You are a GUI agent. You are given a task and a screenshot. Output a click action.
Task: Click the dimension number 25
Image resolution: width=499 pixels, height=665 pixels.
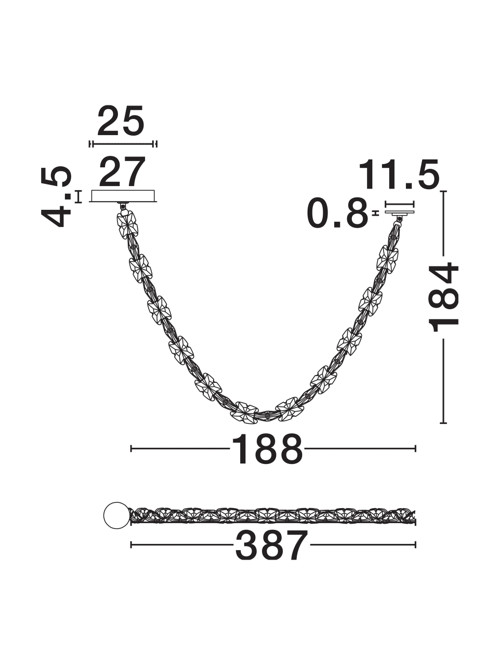point(120,121)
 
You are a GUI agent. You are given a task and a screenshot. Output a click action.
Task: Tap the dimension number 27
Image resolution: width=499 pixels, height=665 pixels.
point(122,172)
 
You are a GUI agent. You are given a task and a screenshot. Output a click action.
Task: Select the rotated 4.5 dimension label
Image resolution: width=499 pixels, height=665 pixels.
point(56,196)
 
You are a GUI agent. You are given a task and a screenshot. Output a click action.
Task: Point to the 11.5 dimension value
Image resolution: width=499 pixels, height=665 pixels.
point(399,175)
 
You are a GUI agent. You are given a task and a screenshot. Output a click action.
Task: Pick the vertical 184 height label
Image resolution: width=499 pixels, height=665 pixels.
point(443,298)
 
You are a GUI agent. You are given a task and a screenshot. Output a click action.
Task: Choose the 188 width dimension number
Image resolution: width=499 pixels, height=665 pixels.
point(267,449)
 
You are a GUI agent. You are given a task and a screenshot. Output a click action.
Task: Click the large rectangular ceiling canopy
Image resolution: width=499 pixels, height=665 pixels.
point(123,196)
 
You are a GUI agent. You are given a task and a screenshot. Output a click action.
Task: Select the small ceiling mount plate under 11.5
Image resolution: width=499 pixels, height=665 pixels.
point(400,213)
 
